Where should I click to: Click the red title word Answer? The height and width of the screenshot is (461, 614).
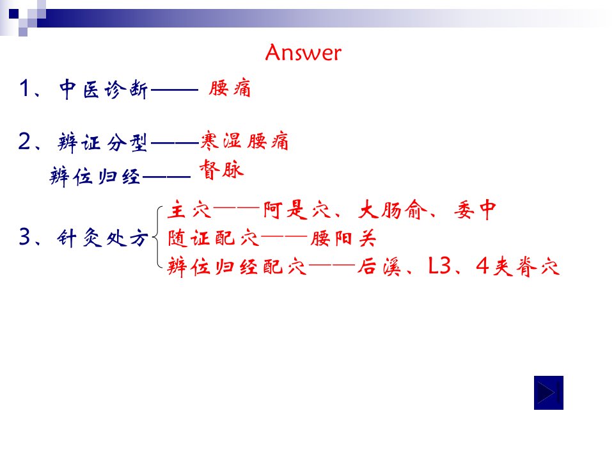tap(303, 53)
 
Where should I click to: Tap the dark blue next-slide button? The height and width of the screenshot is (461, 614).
tap(549, 392)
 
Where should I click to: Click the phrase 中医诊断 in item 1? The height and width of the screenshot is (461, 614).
tap(104, 89)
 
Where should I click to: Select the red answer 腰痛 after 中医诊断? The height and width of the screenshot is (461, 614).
tap(230, 88)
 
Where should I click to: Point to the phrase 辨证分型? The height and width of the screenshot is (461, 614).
tap(102, 142)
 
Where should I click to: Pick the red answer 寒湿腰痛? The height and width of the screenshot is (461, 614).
tap(245, 141)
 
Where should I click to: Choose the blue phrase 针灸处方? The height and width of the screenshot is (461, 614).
tap(103, 238)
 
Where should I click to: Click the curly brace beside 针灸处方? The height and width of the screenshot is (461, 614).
tap(155, 238)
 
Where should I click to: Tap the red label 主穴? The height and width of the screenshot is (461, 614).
tap(189, 210)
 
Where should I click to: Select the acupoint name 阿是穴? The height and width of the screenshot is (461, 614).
tap(297, 210)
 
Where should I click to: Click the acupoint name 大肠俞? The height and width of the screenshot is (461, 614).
tap(392, 210)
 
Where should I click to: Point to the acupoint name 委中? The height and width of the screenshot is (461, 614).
tap(475, 210)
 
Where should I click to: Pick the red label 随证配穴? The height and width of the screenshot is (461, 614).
tap(214, 238)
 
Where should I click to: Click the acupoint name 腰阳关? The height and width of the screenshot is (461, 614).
tap(343, 238)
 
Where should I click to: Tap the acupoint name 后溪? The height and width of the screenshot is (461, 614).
tap(379, 266)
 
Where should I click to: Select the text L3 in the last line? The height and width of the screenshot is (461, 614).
tap(440, 266)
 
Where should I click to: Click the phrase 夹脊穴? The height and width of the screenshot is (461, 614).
tap(526, 266)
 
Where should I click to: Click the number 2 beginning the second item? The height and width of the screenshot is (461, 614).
tap(24, 141)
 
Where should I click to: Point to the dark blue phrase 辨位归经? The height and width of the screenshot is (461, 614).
tap(95, 177)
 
